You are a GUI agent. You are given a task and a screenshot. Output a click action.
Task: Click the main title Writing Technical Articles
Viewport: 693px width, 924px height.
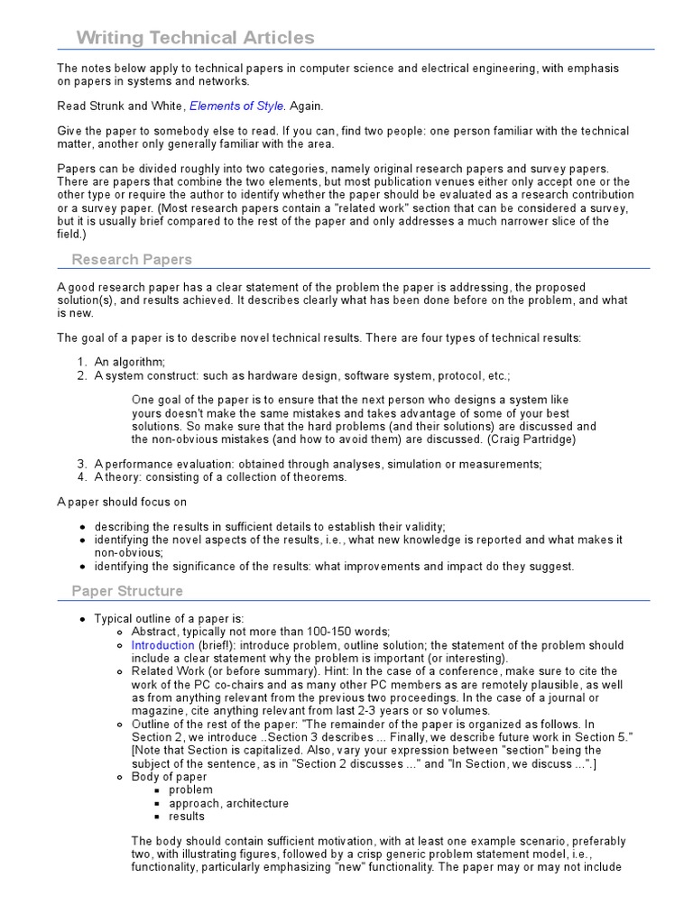(x=195, y=37)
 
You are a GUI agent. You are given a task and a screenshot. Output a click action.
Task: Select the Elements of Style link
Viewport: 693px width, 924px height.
(x=236, y=106)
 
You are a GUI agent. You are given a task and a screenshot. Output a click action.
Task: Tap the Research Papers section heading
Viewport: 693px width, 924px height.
(x=132, y=260)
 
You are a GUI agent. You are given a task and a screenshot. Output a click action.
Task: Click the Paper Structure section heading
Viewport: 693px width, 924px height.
(x=127, y=591)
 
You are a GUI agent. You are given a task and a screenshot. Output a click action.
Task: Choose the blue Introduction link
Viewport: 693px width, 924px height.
(x=162, y=645)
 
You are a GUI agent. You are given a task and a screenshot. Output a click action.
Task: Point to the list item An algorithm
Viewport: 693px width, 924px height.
(x=130, y=362)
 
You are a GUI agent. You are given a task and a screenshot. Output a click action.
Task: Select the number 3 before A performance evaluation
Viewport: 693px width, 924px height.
(x=82, y=464)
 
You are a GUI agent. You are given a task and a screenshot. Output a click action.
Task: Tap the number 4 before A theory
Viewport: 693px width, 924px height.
(x=82, y=477)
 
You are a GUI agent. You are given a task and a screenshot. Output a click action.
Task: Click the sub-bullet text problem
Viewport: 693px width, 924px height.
(x=190, y=790)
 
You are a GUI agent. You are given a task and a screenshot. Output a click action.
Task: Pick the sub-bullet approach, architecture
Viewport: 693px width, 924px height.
(x=228, y=803)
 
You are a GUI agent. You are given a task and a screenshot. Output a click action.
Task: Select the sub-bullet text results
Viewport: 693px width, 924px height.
(x=187, y=817)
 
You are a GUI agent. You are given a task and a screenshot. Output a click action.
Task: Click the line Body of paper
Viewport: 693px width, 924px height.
(x=169, y=776)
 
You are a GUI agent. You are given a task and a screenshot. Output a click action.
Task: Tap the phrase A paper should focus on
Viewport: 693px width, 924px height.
(x=123, y=502)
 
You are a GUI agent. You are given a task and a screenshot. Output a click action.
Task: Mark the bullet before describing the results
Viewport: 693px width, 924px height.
(x=83, y=527)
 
